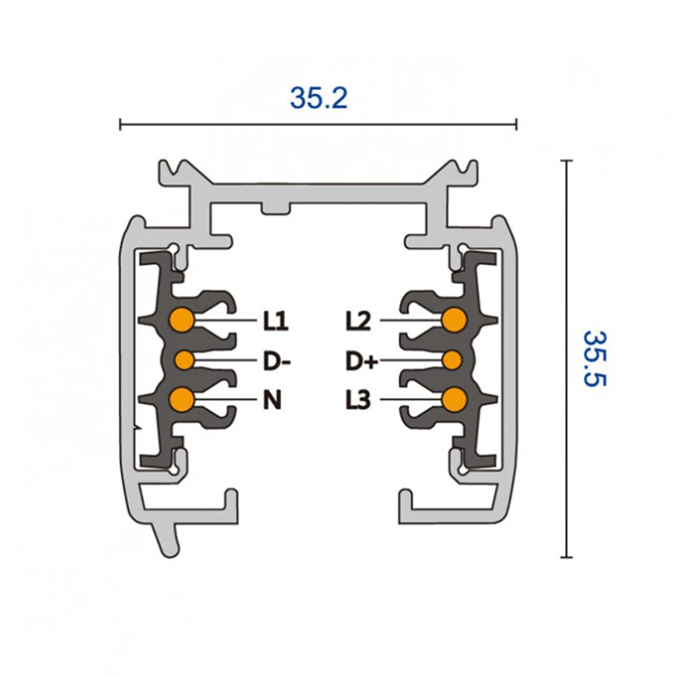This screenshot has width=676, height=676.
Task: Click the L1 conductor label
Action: pos(276,321)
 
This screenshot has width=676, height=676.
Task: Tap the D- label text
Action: pos(276,361)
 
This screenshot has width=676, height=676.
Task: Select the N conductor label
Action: pos(272,400)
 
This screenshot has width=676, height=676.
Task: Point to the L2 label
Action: pos(358,321)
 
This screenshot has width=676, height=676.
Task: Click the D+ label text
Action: pos(362,361)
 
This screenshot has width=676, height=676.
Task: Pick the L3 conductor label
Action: pos(358,400)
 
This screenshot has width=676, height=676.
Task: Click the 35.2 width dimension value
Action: pos(318,98)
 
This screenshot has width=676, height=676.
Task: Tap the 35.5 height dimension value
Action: pos(595,358)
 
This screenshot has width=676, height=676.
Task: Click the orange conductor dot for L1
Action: pos(181,320)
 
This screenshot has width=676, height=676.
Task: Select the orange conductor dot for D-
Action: pos(185,360)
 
